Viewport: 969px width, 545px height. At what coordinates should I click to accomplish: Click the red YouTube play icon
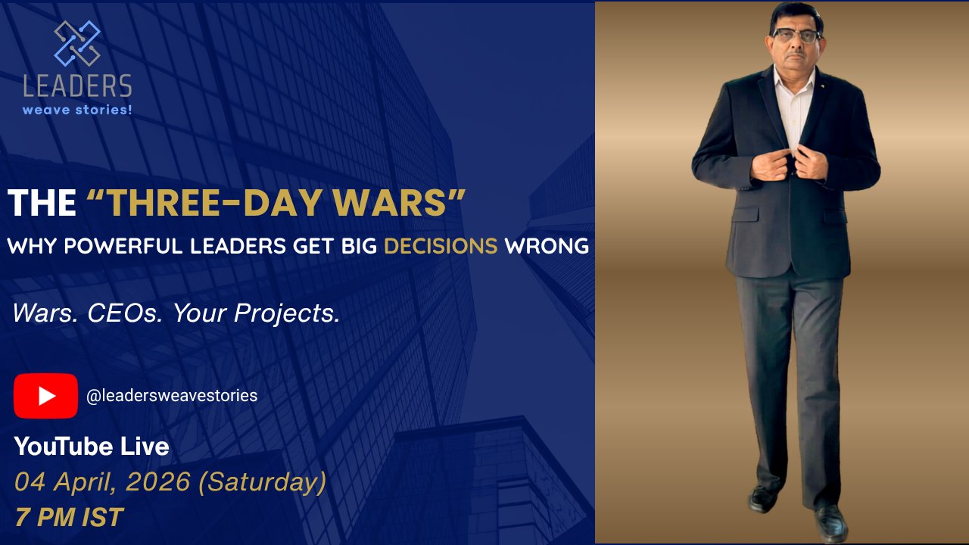coord(45,396)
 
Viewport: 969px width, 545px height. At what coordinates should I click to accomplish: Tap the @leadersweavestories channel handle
coord(172,395)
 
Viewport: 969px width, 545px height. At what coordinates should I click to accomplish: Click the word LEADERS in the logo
coord(77,86)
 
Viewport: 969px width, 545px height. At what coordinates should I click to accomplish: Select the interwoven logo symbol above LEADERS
coord(77,43)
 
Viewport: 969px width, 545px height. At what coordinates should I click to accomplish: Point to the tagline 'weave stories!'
coord(77,110)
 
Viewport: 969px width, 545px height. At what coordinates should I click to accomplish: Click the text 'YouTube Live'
coord(92,447)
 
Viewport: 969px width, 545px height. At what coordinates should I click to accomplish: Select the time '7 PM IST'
coord(69,517)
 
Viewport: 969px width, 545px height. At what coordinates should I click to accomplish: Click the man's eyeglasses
coord(796,36)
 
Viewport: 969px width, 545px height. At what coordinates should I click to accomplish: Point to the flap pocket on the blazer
coord(745,213)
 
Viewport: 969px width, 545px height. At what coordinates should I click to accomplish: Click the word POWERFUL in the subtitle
coord(154,246)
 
